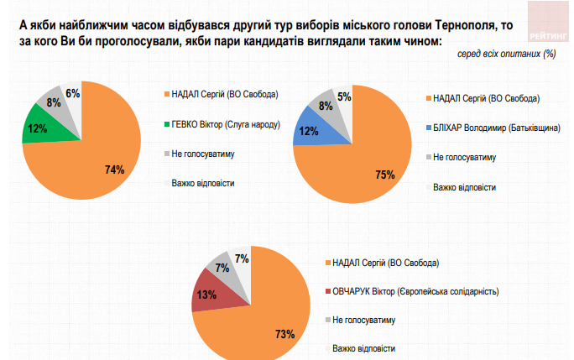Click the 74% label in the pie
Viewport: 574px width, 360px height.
(115, 170)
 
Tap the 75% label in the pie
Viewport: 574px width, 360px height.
(385, 174)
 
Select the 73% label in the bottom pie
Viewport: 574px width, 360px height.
(284, 333)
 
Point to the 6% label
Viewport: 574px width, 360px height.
(72, 92)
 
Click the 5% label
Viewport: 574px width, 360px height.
(344, 97)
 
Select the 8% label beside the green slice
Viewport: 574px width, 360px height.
(52, 103)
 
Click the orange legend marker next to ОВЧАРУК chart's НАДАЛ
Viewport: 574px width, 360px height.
(326, 263)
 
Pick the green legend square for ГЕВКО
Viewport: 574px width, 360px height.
(165, 124)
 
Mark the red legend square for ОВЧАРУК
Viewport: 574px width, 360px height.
(326, 292)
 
